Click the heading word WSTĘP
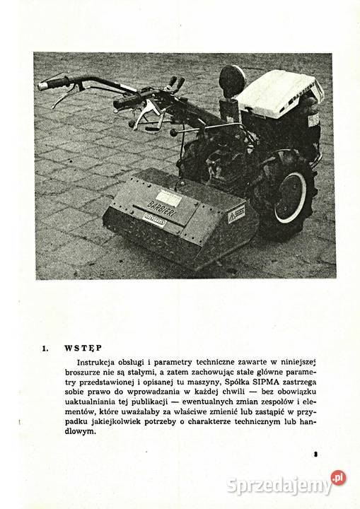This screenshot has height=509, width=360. point(83,348)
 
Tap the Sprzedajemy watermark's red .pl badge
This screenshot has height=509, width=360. point(339,478)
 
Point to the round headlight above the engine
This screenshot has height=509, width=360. point(232,78)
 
